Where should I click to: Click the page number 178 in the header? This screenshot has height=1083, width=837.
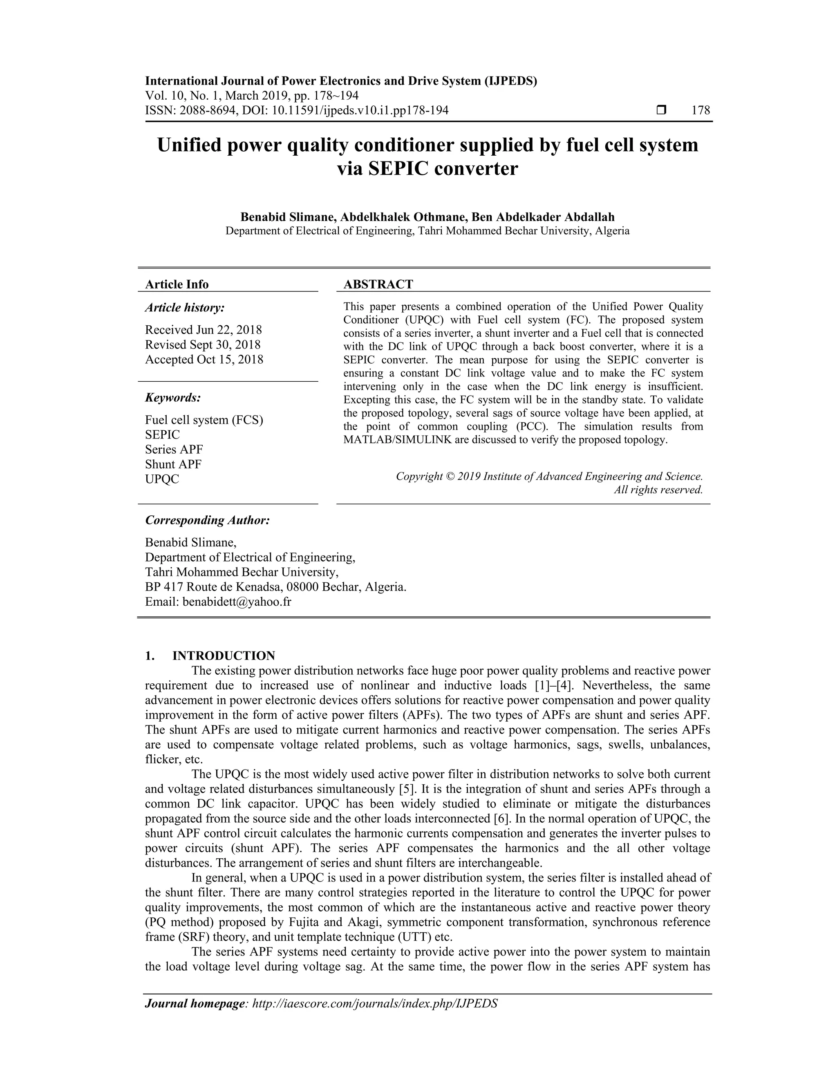coord(700,110)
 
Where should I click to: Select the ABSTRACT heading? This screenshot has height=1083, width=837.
coord(378,284)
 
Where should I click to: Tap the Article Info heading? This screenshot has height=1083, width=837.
coord(177,284)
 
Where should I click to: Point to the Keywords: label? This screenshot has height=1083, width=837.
coord(172,398)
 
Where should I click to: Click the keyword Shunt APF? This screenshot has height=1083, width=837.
coord(173,464)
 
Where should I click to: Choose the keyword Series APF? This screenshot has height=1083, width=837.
coord(174,449)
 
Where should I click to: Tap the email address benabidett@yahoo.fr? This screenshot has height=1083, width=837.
coord(237,602)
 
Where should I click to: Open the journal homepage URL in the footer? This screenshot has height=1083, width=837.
coord(375,1004)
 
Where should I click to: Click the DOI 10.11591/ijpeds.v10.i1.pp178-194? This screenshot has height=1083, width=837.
coord(359,110)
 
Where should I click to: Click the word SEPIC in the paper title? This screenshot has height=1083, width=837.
coord(398,169)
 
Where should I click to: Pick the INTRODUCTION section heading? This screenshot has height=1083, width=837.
coord(223,656)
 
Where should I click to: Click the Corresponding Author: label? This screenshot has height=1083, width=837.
coord(207,520)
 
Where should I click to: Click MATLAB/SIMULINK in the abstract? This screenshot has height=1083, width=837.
coord(397,440)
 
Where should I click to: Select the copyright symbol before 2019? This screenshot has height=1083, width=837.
coord(450,477)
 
